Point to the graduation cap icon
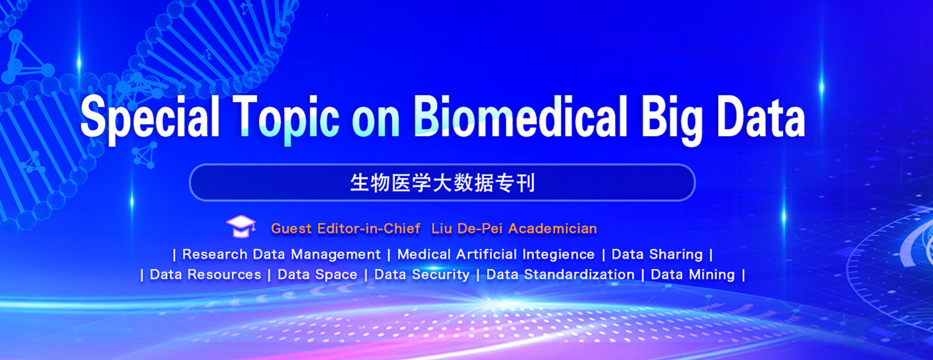[241, 226]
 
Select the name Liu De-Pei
[467, 229]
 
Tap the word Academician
[552, 229]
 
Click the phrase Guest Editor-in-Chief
[346, 229]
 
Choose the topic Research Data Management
[281, 254]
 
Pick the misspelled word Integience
[558, 255]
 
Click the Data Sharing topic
[657, 255]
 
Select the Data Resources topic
[205, 274]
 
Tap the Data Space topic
[317, 275]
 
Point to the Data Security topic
[422, 275]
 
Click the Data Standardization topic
[560, 274]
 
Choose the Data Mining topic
[693, 275]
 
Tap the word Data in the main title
[761, 117]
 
